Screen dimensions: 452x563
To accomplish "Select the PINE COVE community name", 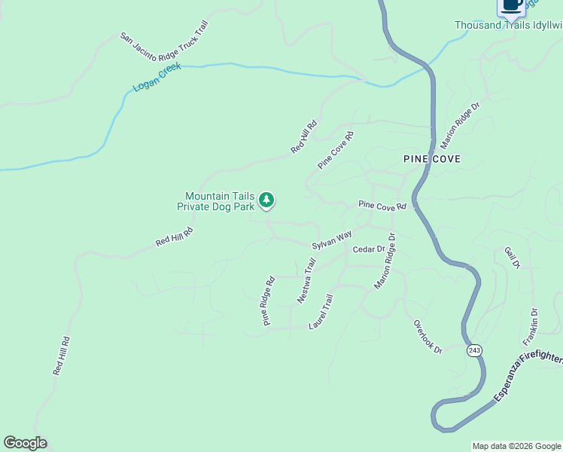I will coord(431,159).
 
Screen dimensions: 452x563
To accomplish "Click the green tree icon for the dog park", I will coord(266,200).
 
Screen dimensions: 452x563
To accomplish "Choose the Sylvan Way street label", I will coord(332,240).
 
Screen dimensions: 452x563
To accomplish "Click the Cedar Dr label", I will coord(369,249).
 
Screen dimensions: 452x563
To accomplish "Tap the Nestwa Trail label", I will coord(307,280).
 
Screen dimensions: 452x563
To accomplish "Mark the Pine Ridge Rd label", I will coord(269,301).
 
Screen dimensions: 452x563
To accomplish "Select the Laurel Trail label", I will coord(321,311).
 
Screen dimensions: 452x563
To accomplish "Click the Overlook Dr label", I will coord(428,336).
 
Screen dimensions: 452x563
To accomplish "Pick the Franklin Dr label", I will coord(534,320).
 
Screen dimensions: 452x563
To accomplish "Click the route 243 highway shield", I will coord(473,351).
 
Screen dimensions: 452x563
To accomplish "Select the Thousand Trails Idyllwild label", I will coord(508,25).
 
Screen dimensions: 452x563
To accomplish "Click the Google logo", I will coord(25,443).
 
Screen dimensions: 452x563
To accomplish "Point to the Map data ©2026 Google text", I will coord(516,446).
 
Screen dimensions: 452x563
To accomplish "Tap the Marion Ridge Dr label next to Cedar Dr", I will coord(385,261).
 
